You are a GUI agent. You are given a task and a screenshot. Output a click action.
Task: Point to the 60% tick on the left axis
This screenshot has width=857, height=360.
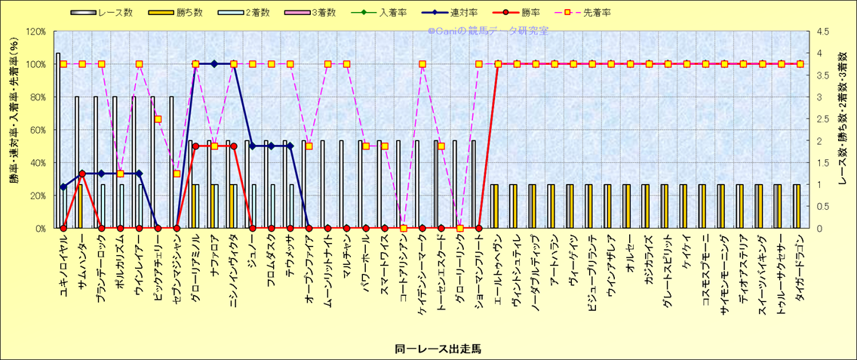[38, 130]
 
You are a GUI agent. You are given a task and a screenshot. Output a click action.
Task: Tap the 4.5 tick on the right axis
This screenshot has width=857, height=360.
[818, 32]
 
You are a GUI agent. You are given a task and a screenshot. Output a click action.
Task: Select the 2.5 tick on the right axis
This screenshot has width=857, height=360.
[818, 119]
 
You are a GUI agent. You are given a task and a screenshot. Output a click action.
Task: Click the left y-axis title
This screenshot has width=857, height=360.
[13, 130]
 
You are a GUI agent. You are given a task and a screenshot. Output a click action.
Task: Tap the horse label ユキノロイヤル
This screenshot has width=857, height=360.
[63, 260]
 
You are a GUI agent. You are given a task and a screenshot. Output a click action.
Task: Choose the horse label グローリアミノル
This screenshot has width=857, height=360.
[195, 264]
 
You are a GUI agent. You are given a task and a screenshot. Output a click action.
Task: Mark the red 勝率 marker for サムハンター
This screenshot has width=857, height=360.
[82, 174]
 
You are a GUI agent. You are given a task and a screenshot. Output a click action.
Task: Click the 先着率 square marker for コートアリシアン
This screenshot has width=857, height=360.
[404, 228]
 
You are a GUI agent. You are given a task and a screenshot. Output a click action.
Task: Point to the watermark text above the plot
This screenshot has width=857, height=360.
[488, 32]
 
